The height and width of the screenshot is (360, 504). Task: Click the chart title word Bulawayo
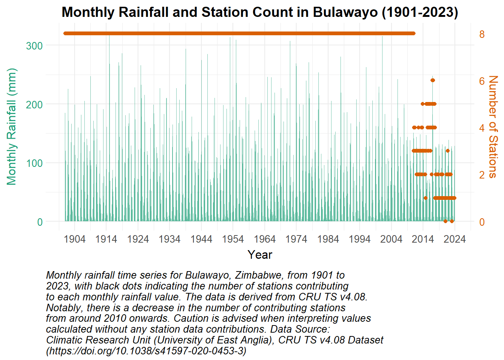345,12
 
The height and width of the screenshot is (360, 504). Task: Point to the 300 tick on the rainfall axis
34,46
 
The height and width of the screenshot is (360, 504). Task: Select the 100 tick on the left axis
34,163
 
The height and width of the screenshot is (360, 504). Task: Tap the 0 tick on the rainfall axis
40,222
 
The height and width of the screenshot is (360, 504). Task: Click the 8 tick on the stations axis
482,34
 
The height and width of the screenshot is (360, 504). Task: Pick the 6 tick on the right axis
482,81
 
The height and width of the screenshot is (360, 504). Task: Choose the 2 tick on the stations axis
482,175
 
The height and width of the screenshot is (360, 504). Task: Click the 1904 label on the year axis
75,239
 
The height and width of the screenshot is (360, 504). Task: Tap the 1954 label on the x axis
233,239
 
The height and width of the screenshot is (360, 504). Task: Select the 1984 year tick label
328,239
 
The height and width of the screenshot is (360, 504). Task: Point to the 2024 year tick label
455,239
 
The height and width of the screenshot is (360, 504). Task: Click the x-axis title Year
260,255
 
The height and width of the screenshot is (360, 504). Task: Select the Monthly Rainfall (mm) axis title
12,127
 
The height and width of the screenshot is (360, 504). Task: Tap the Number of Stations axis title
493,127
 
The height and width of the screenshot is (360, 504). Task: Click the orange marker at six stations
433,80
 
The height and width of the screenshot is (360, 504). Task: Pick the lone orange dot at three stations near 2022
448,151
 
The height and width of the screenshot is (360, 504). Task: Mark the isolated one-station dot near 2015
426,198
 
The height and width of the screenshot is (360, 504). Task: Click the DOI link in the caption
146,351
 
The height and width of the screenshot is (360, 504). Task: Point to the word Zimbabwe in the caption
245,275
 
